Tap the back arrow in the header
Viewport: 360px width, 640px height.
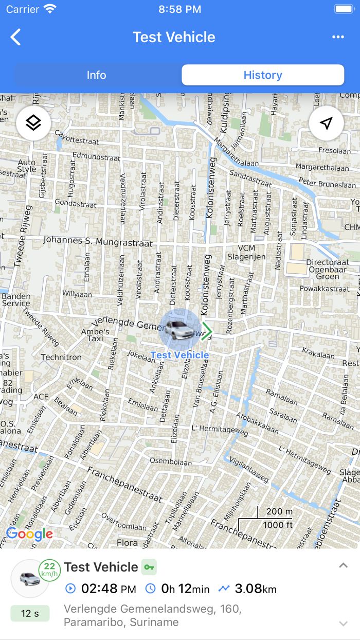pyautogui.click(x=16, y=37)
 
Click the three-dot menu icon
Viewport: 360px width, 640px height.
pyautogui.click(x=338, y=37)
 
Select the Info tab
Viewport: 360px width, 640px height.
pyautogui.click(x=96, y=75)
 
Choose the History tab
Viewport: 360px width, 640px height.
pyautogui.click(x=263, y=75)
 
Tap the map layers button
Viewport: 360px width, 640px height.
pyautogui.click(x=33, y=123)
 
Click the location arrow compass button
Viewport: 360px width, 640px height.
pyautogui.click(x=326, y=123)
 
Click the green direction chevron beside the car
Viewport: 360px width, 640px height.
pyautogui.click(x=207, y=331)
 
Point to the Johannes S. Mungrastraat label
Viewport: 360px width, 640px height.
pyautogui.click(x=98, y=240)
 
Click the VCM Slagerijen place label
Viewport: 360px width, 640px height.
pyautogui.click(x=246, y=253)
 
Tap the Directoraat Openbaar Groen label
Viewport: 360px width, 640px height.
pyautogui.click(x=328, y=269)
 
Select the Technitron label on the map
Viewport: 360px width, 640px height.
pyautogui.click(x=61, y=357)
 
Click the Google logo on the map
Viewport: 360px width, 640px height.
pyautogui.click(x=29, y=534)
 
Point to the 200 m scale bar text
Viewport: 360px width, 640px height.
pyautogui.click(x=279, y=512)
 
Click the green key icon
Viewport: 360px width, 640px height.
pyautogui.click(x=149, y=567)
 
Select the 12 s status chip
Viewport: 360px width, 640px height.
pyautogui.click(x=30, y=613)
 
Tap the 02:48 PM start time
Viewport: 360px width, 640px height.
pyautogui.click(x=108, y=589)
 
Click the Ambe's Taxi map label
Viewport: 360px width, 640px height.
pyautogui.click(x=95, y=335)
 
